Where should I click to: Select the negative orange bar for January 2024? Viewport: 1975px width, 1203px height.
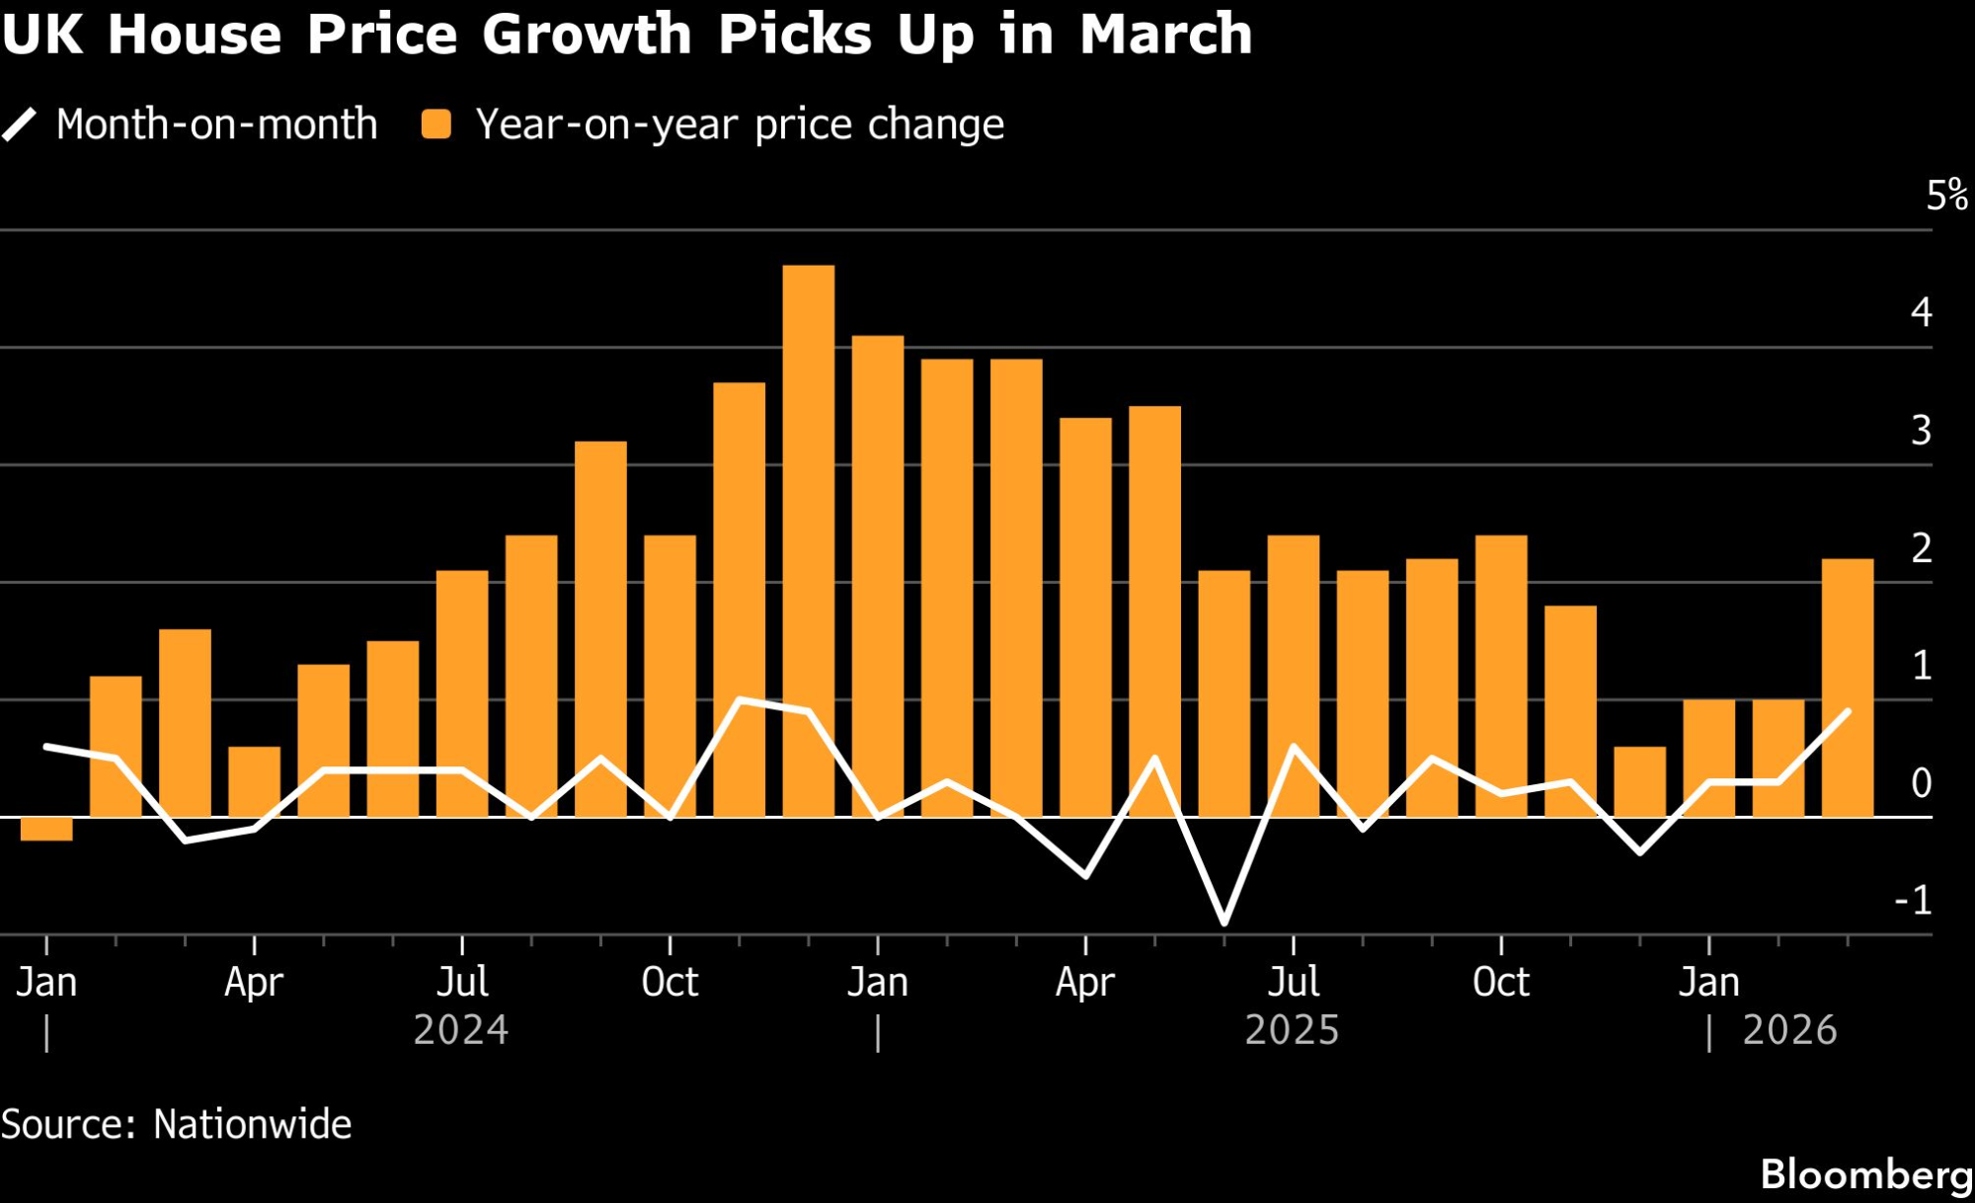point(46,829)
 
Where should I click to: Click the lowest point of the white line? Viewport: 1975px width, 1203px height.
point(1224,923)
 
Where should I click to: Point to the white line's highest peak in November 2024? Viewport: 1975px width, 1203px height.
point(740,700)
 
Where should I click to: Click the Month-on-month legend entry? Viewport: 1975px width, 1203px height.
point(216,125)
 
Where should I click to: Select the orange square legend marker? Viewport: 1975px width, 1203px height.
point(435,125)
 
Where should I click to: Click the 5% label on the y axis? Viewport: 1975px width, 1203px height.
point(1946,196)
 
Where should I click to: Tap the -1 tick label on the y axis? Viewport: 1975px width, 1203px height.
point(1913,901)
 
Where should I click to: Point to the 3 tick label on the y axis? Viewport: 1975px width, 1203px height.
point(1921,431)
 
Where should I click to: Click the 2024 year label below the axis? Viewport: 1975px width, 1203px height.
point(460,1030)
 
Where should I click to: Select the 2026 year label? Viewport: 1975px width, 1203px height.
point(1789,1030)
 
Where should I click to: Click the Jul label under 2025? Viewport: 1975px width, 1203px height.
point(1293,982)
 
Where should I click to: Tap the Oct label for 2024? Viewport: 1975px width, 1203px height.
point(670,982)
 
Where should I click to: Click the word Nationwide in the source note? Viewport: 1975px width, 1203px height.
point(253,1125)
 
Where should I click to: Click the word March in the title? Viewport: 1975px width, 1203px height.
point(1165,35)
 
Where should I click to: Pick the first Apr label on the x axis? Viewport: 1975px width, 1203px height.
point(254,982)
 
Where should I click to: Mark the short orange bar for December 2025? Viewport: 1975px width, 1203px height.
point(1639,781)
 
